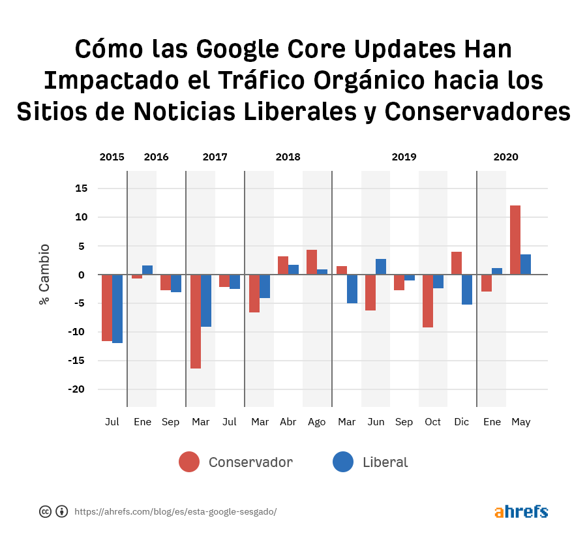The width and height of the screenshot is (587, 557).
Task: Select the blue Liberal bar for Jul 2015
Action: pyautogui.click(x=117, y=309)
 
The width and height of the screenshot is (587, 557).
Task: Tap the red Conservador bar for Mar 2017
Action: pyautogui.click(x=196, y=322)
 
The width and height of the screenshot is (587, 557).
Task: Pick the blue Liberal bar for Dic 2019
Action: pyautogui.click(x=467, y=290)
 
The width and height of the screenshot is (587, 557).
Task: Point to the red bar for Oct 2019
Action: pyautogui.click(x=428, y=301)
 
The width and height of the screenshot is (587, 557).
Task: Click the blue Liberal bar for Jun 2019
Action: pyautogui.click(x=381, y=267)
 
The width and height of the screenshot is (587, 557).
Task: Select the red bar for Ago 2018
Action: pyautogui.click(x=312, y=262)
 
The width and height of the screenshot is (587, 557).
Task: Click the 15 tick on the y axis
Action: pyautogui.click(x=82, y=188)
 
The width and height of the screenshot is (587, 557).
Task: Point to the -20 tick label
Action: pyautogui.click(x=78, y=389)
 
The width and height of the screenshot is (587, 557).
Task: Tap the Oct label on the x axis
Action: pyautogui.click(x=433, y=422)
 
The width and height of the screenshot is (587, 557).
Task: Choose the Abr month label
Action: pyautogui.click(x=288, y=422)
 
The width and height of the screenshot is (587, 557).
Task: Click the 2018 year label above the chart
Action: pyautogui.click(x=288, y=157)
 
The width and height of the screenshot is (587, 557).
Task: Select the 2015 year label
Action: pyautogui.click(x=112, y=157)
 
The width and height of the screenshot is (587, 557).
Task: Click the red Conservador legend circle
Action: pyautogui.click(x=189, y=462)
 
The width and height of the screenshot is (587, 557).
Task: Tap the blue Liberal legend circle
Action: pyautogui.click(x=343, y=462)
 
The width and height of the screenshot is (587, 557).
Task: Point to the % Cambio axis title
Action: pyautogui.click(x=44, y=274)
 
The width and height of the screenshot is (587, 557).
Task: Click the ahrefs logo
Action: pyautogui.click(x=521, y=511)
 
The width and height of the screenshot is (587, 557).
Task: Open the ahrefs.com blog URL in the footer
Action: pyautogui.click(x=175, y=512)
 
